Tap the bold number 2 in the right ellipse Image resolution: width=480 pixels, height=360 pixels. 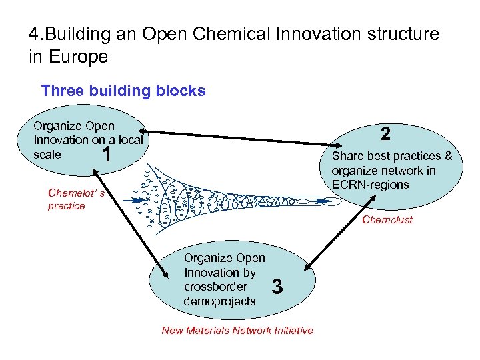tap(385, 134)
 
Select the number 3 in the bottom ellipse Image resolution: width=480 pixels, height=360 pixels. tap(279, 287)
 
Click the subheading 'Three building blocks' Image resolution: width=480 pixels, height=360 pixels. tap(123, 91)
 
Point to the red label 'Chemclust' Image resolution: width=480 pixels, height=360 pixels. tap(387, 219)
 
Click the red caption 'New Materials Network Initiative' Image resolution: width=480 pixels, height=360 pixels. tap(237, 331)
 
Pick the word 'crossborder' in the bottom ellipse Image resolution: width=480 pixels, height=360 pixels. tap(215, 287)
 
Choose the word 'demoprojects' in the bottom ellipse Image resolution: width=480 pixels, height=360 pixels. tap(219, 301)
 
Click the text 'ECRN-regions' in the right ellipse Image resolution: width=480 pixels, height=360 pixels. tap(370, 184)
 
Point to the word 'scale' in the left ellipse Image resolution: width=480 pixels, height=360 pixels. tap(47, 154)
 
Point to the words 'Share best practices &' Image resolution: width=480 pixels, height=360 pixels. tap(392, 156)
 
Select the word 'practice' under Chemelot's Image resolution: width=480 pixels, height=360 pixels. tap(67, 206)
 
